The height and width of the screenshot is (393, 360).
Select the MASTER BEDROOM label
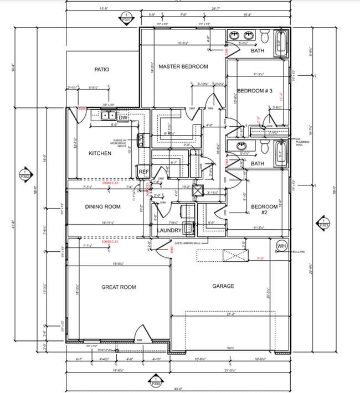[183, 66]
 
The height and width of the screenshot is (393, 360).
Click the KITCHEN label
[100, 153]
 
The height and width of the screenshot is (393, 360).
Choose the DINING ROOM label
[102, 206]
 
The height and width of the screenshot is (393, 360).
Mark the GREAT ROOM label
[119, 287]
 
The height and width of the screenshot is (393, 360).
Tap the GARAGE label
[224, 286]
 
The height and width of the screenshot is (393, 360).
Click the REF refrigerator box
[144, 172]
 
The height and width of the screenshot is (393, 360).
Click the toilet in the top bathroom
[264, 37]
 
